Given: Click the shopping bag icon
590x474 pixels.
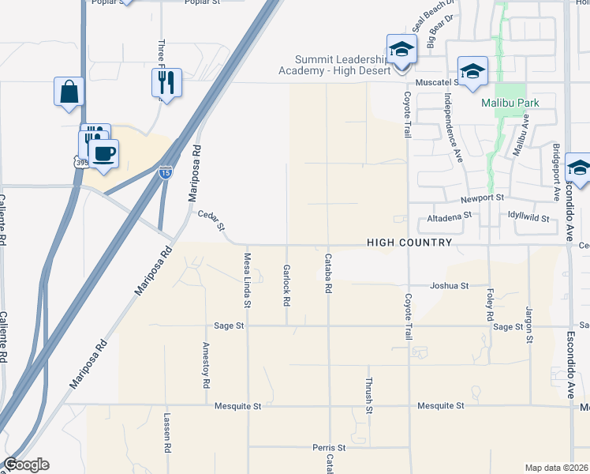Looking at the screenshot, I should (69, 91).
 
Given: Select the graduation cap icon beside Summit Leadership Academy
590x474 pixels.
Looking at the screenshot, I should (401, 50).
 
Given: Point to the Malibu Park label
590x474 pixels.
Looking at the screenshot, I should (506, 103).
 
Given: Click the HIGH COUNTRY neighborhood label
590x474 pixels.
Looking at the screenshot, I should (409, 243).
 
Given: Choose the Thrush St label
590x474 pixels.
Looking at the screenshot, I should (368, 395).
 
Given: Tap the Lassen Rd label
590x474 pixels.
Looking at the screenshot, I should (167, 432).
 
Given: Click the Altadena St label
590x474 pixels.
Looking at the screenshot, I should (448, 215).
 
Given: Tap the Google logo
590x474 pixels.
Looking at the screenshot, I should (26, 465).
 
